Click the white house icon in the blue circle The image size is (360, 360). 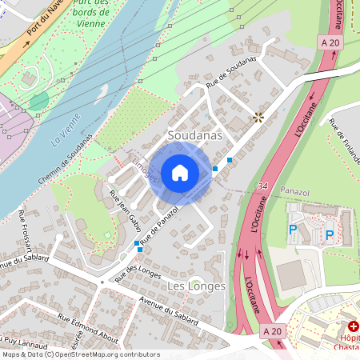point(180,172)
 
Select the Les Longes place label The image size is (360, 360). point(196,286)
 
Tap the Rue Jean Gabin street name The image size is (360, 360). point(124,209)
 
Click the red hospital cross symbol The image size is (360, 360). point(354,326)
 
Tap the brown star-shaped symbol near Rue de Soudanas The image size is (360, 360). point(258,118)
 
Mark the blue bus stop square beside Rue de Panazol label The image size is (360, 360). point(140,250)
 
